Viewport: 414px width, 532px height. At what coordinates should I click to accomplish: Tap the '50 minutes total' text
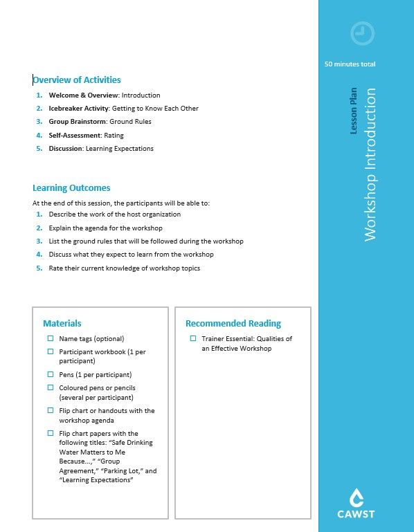coord(350,64)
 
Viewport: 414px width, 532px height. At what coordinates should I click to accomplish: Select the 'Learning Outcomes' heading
coord(71,187)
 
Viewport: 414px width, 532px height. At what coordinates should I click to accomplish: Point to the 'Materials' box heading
coord(62,323)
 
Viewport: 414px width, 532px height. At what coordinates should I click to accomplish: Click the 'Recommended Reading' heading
coord(233,323)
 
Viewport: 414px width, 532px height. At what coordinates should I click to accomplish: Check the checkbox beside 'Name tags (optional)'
coord(51,339)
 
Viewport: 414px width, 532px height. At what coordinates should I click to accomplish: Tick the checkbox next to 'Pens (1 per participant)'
coord(51,374)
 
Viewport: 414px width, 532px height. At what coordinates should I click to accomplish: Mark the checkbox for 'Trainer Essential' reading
coord(193,339)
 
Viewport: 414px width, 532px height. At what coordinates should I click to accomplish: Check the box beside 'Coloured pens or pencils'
coord(51,387)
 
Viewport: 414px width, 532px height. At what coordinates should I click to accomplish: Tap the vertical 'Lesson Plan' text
coord(354,111)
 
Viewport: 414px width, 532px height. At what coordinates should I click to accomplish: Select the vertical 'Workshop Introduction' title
coord(370,164)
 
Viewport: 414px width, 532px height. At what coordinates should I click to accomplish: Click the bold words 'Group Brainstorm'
coord(77,122)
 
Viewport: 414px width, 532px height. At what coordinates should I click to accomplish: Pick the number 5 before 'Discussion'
coord(39,148)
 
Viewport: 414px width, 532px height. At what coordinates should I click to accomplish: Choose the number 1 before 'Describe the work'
coord(39,214)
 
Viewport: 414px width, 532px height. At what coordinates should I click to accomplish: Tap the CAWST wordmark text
coord(357,515)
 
